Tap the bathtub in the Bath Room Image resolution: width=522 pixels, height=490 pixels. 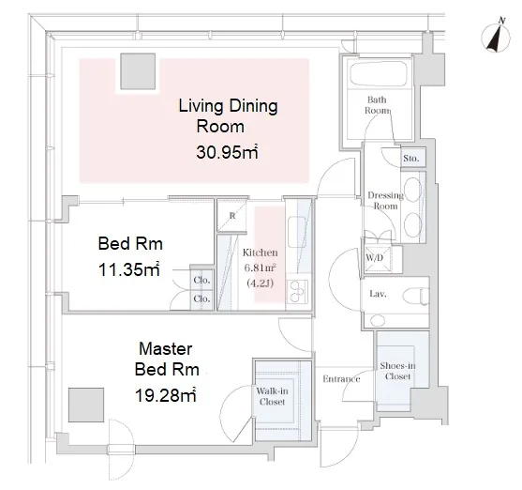[379, 74]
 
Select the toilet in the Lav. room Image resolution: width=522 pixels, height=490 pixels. [415, 296]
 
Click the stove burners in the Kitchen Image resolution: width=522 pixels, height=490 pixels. [297, 292]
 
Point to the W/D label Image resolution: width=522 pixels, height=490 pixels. [375, 257]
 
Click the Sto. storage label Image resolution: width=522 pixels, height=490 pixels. [410, 158]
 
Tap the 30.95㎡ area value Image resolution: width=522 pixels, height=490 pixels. [227, 152]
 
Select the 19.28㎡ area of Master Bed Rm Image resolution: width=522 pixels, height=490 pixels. [166, 395]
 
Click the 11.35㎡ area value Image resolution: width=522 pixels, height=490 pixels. [129, 269]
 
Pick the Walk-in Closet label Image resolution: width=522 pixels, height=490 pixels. [272, 396]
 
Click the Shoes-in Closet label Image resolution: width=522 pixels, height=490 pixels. [397, 371]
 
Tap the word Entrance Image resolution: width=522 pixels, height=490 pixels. [341, 379]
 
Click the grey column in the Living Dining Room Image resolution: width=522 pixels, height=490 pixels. [138, 71]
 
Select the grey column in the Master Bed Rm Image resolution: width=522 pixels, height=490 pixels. [86, 405]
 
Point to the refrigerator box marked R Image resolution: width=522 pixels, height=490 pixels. [232, 216]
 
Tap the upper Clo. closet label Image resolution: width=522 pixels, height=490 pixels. [201, 280]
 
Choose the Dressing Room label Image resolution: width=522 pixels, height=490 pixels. [385, 201]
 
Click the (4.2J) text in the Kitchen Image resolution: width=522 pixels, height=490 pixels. [260, 283]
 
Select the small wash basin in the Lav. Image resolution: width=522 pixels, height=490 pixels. [378, 320]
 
